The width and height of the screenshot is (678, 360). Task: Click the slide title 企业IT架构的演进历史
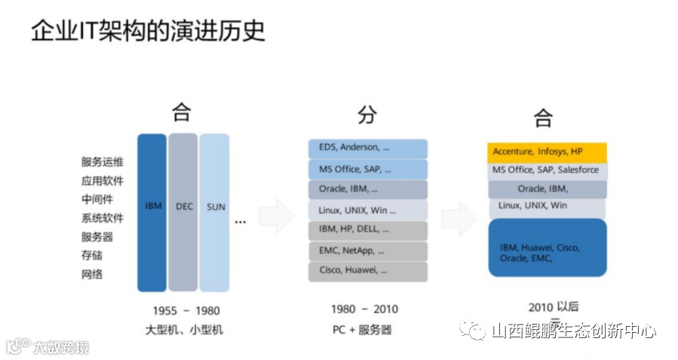(148, 32)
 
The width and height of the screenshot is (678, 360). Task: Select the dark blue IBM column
(152, 212)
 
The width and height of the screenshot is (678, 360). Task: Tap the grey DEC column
(183, 212)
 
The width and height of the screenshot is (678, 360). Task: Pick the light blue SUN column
(215, 212)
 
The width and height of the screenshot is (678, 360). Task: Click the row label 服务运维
(103, 162)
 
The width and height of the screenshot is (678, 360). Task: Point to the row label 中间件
(97, 199)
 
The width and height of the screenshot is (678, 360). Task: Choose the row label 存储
(92, 255)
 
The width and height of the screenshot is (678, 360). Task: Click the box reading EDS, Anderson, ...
(367, 148)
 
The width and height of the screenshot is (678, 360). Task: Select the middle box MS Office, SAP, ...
(367, 169)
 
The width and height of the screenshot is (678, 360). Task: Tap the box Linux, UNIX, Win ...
(367, 210)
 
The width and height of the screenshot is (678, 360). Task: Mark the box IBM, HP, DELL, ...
(367, 229)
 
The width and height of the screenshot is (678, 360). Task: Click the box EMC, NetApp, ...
(367, 251)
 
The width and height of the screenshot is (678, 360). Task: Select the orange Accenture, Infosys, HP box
(546, 152)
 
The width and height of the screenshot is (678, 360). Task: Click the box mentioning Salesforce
(546, 171)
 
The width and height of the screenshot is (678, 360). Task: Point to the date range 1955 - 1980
(186, 310)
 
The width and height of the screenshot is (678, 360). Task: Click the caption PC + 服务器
(362, 330)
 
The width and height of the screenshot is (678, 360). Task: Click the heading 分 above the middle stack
(367, 115)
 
